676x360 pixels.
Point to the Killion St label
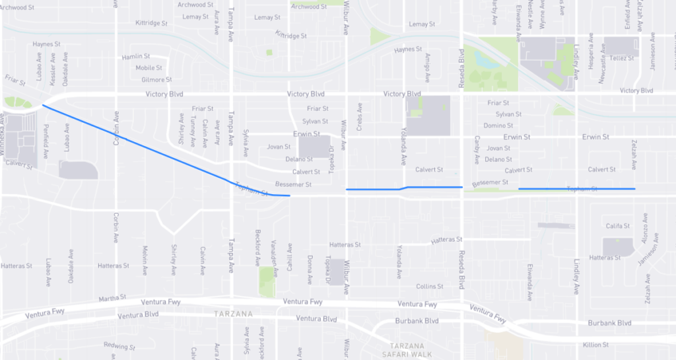595,345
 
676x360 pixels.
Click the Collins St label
429,286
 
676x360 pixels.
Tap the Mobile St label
149,68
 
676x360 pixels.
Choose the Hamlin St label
136,57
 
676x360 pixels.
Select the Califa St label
619,226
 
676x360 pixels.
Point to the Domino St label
498,126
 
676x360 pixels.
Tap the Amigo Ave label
428,65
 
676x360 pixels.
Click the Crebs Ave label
360,116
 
